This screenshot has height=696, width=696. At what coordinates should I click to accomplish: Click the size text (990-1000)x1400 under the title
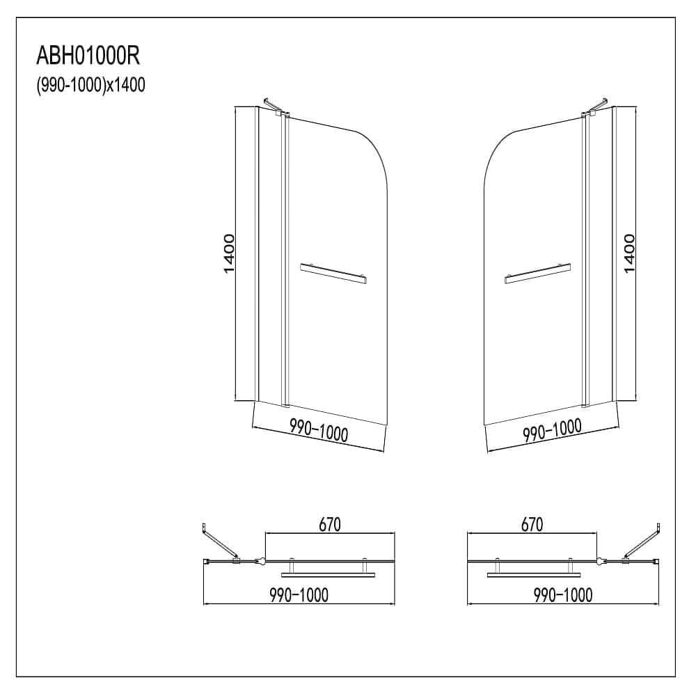pos(90,85)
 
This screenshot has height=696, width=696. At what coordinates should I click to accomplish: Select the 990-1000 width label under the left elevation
pos(318,432)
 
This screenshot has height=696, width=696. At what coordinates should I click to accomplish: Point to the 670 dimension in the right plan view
pos(530,524)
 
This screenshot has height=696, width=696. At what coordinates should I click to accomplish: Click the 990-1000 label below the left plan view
pos(299,594)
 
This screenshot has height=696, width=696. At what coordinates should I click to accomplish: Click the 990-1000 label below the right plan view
pos(562,594)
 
